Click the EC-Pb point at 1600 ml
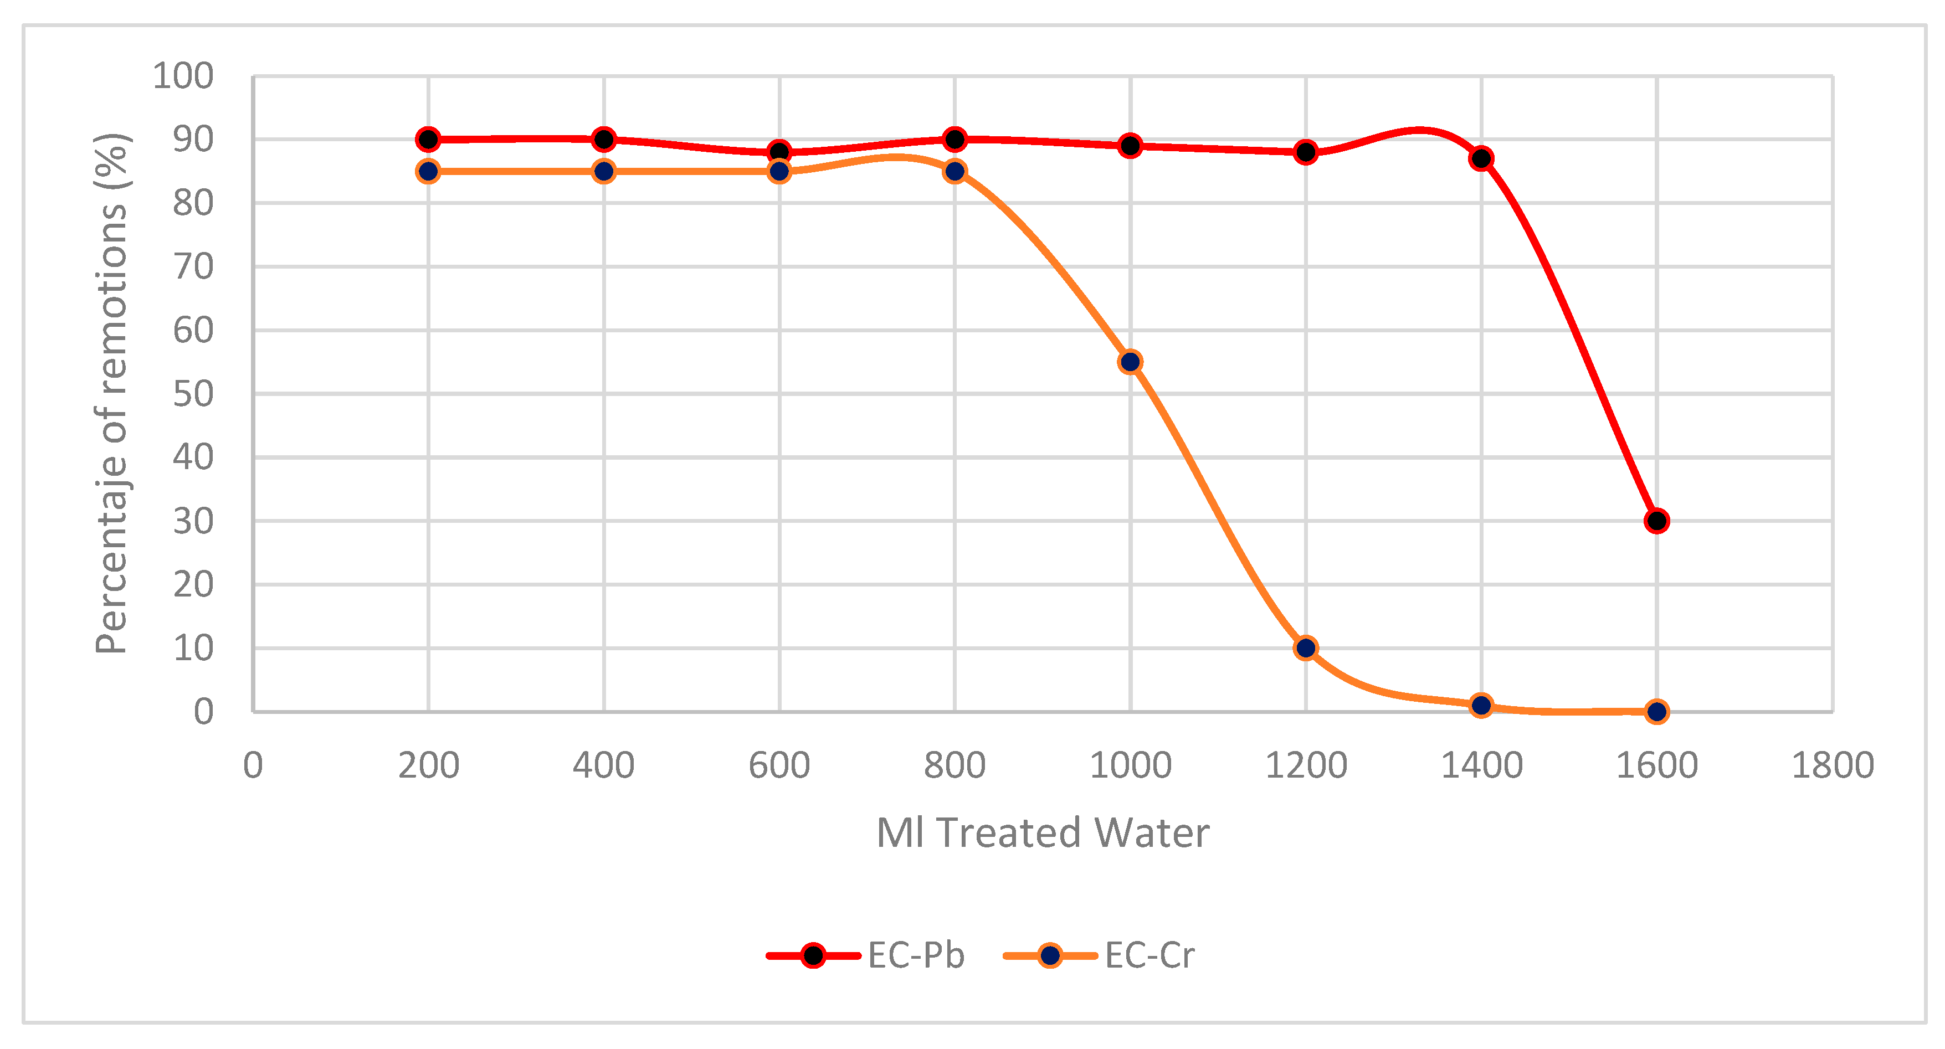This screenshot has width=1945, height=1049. coord(1656,521)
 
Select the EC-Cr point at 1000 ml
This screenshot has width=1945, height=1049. coord(1130,362)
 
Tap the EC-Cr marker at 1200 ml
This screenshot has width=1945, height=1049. coord(1306,648)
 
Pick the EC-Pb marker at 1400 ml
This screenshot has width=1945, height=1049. coord(1481,158)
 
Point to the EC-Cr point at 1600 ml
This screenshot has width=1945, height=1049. coord(1656,712)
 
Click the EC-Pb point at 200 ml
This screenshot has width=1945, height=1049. coord(428,140)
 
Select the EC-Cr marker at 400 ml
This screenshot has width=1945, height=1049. coord(604,171)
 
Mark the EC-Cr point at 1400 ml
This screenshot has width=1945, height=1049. coord(1481,706)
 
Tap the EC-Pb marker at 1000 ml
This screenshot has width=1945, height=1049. coord(1130,146)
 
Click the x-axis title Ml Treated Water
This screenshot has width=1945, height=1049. coord(1043,833)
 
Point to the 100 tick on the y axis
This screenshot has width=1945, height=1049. coord(183,76)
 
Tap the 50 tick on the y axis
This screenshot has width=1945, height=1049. coord(193,394)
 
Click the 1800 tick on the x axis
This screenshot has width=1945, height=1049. coord(1833,765)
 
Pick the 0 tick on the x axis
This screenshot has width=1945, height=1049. coord(253,765)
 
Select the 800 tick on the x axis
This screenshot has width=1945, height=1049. coord(955,765)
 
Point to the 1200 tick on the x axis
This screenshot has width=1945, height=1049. coord(1306,765)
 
